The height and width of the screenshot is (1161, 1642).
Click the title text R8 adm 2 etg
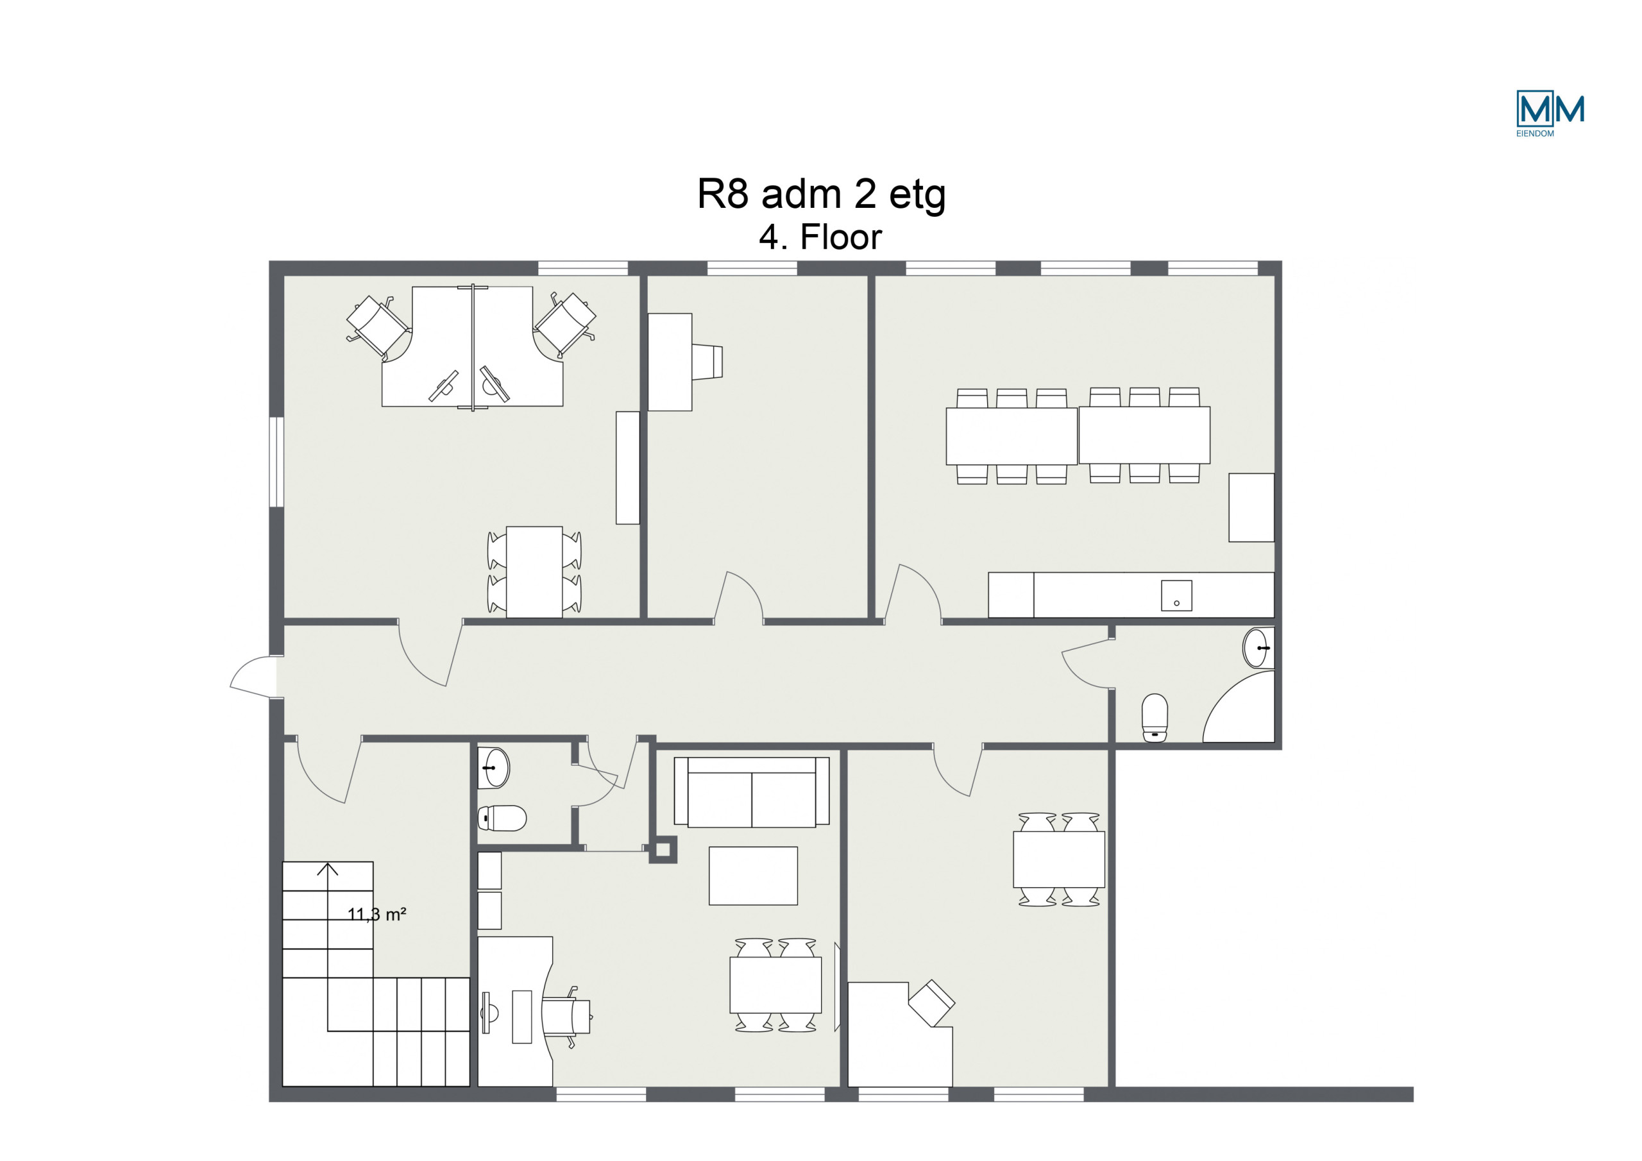[821, 194]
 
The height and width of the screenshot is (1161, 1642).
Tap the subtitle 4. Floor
[820, 237]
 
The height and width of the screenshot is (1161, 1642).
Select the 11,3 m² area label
[377, 914]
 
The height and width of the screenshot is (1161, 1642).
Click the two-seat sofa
[752, 792]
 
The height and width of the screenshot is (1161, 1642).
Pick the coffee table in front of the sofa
[753, 876]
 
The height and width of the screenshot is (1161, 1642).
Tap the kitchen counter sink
[1176, 595]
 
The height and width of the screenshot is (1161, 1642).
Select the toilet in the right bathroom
[1155, 718]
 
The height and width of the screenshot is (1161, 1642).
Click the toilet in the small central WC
[502, 818]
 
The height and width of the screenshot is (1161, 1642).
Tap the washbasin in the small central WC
[493, 768]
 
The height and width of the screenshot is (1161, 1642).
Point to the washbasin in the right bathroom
[1258, 647]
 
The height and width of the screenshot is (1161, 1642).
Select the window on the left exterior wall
[276, 462]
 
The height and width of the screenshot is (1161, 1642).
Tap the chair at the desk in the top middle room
[707, 362]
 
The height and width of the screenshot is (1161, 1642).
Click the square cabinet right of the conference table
[1251, 507]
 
